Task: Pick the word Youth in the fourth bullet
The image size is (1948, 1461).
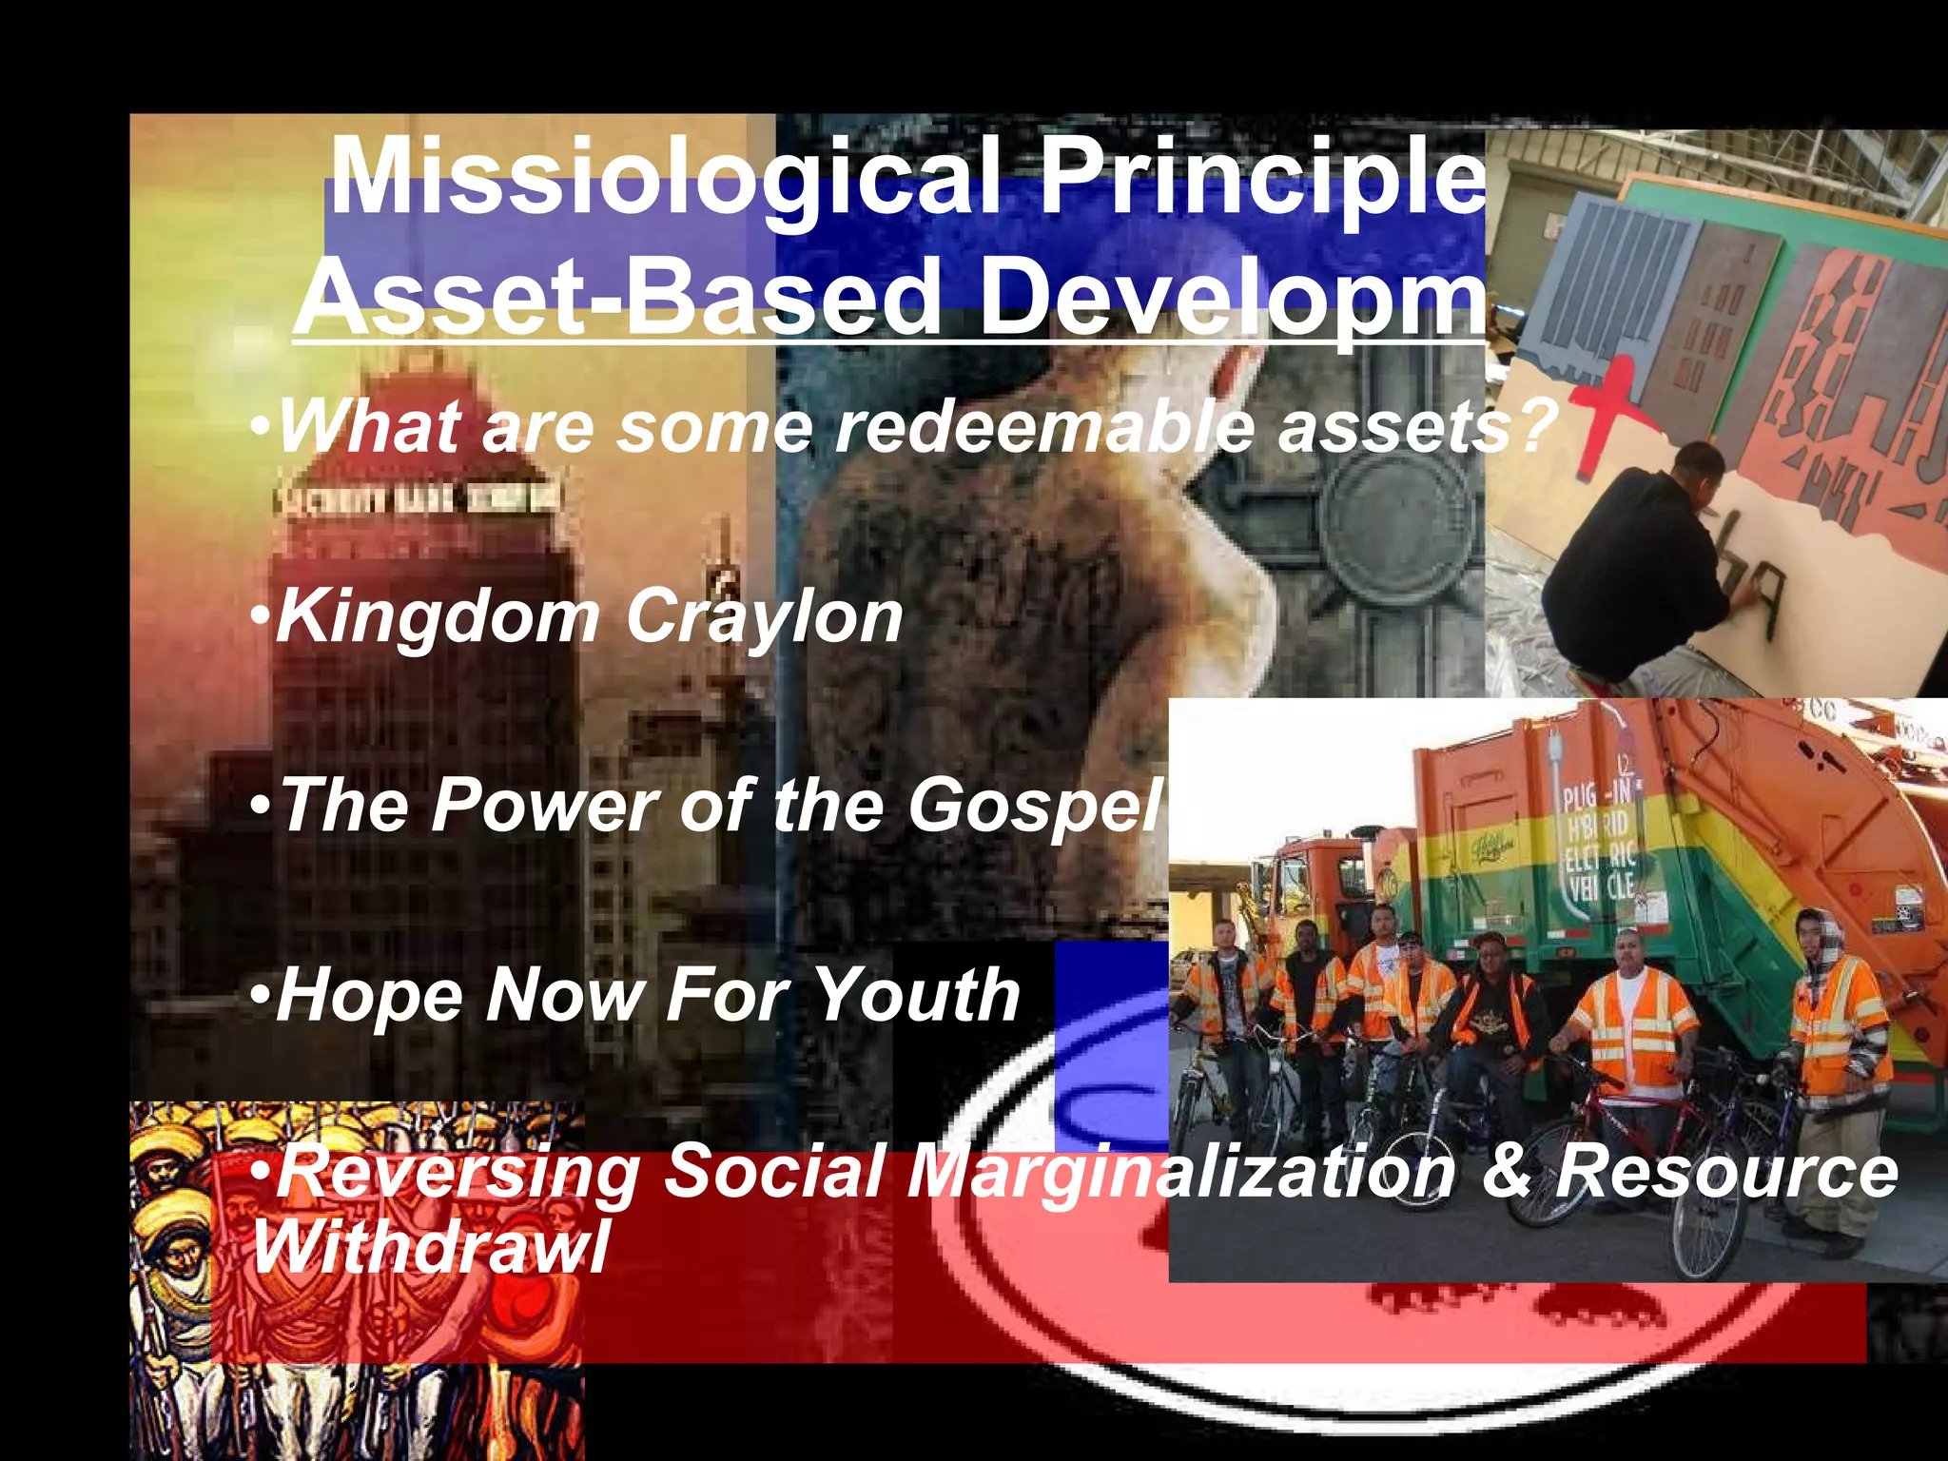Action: pyautogui.click(x=918, y=995)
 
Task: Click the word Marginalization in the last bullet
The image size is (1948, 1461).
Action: pyautogui.click(x=1179, y=1172)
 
